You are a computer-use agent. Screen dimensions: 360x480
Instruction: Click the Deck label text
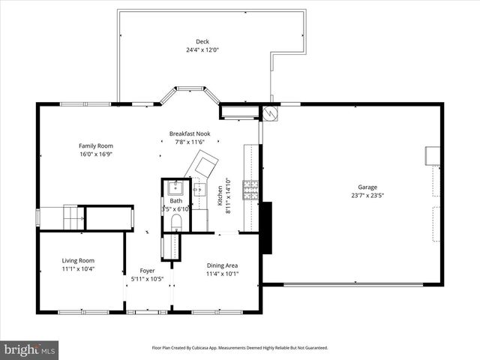click(x=202, y=41)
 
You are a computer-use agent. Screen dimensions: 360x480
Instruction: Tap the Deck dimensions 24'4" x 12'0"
click(x=202, y=50)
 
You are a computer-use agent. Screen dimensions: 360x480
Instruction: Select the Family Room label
click(x=95, y=145)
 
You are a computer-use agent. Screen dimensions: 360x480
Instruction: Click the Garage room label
click(x=367, y=187)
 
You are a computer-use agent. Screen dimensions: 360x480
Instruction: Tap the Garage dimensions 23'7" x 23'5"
click(x=367, y=196)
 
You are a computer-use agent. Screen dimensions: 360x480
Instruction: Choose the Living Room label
click(x=78, y=261)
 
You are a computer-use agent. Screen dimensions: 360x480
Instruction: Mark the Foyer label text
click(x=147, y=271)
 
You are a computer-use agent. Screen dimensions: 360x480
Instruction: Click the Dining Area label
click(x=222, y=265)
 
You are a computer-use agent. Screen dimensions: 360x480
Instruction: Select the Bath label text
click(x=175, y=201)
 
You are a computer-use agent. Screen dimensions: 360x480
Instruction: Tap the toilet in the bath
click(x=176, y=222)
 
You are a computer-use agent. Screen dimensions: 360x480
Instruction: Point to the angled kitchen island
click(x=205, y=161)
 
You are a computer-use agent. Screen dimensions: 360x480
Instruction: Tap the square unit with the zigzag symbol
click(x=270, y=113)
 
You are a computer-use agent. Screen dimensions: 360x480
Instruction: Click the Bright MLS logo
click(x=29, y=349)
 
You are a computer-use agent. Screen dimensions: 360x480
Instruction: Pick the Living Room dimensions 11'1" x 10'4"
click(x=78, y=269)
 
